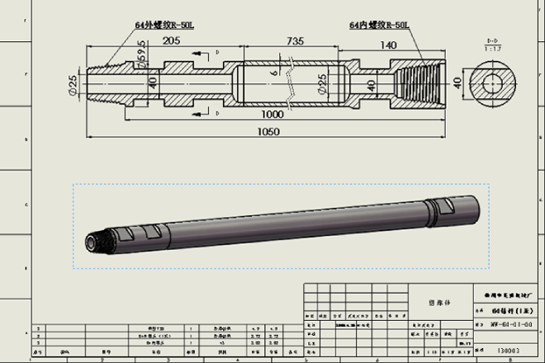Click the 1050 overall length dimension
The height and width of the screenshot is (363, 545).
[x=268, y=131]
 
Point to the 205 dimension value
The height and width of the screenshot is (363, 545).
[x=172, y=40]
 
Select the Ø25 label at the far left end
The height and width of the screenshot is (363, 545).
[x=73, y=83]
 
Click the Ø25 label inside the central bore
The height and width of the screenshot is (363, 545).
[x=321, y=83]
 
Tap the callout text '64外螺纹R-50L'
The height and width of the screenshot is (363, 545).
[x=164, y=26]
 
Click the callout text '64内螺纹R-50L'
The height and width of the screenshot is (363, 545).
[x=379, y=26]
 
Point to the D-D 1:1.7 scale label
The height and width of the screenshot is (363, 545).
[x=492, y=44]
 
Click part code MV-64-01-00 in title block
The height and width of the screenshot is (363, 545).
[x=505, y=325]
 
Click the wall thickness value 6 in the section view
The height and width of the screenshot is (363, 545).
[x=272, y=74]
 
